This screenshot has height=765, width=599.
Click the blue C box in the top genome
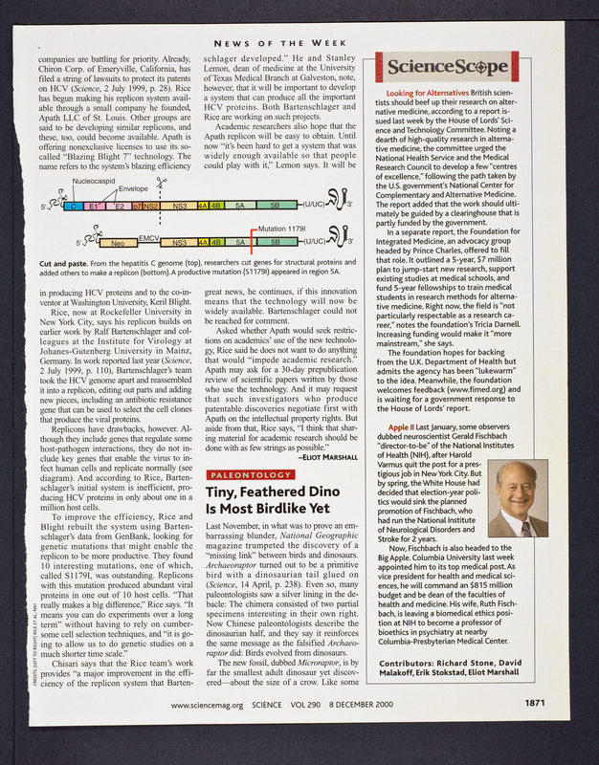[x=71, y=205]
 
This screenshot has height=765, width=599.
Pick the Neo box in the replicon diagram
[x=118, y=244]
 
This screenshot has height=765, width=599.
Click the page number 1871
[x=534, y=731]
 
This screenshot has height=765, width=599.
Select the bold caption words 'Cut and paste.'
[x=65, y=262]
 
